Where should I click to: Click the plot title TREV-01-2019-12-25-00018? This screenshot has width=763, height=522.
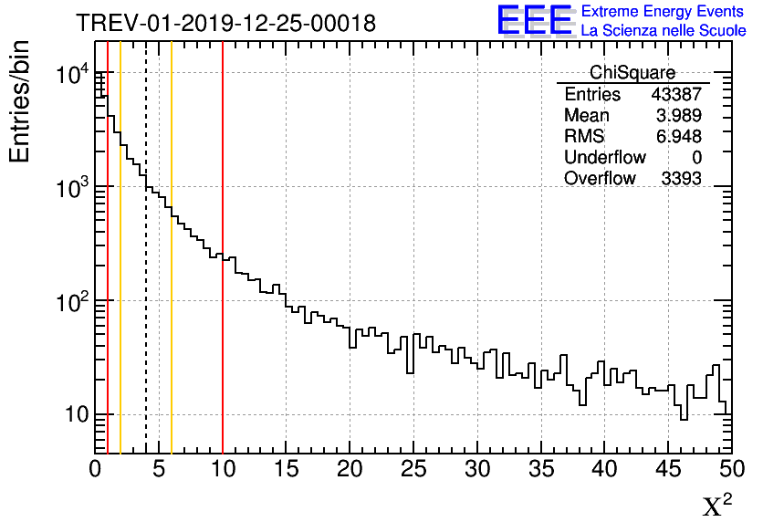tap(225, 24)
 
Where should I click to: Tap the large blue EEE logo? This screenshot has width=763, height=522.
tap(534, 20)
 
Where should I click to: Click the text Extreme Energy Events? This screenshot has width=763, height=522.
tap(663, 12)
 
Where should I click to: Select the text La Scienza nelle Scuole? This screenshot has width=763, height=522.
tap(663, 30)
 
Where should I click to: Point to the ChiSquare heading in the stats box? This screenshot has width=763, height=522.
tap(632, 73)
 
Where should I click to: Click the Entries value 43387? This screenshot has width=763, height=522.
tap(676, 95)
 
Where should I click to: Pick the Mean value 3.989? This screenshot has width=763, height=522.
tap(680, 116)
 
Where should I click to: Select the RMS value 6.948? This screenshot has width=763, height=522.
tap(680, 137)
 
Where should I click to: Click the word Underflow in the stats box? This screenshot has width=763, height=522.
tap(605, 158)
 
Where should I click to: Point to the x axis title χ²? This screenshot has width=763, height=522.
tap(717, 505)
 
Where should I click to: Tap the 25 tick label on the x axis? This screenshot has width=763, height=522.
tap(413, 470)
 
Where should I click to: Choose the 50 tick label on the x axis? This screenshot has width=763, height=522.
tap(730, 470)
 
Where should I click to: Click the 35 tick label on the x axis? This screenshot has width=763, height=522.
tap(541, 470)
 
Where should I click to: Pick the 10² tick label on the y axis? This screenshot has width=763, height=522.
tap(71, 301)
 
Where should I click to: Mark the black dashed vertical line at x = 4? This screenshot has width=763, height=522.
tap(146, 319)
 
